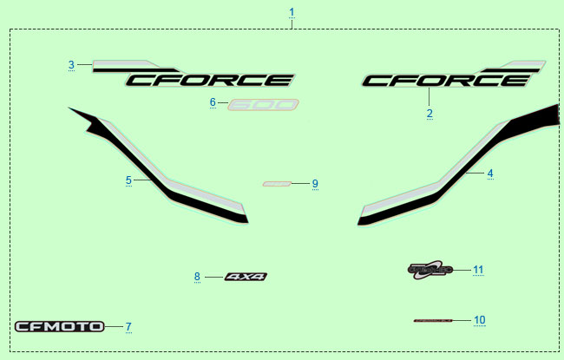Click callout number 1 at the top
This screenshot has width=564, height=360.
pyautogui.click(x=292, y=12)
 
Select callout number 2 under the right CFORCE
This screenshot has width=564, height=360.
pyautogui.click(x=429, y=114)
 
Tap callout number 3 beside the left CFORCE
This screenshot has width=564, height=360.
pyautogui.click(x=71, y=64)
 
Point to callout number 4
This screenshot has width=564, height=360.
pyautogui.click(x=490, y=173)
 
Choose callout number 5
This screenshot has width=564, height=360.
pyautogui.click(x=128, y=180)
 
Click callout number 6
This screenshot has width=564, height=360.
pyautogui.click(x=213, y=102)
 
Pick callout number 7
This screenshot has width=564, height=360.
pyautogui.click(x=128, y=327)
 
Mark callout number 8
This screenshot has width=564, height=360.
pyautogui.click(x=197, y=277)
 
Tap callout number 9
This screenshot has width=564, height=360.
pyautogui.click(x=315, y=184)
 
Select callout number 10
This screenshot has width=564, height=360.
pyautogui.click(x=480, y=320)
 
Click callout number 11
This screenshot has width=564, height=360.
pyautogui.click(x=478, y=270)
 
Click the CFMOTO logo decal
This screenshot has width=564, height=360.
pyautogui.click(x=59, y=327)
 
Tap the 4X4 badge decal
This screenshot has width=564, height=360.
pyautogui.click(x=246, y=277)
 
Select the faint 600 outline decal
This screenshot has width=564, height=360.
pyautogui.click(x=263, y=104)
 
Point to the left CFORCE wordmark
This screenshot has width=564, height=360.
pyautogui.click(x=208, y=80)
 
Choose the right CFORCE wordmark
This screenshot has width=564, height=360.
pyautogui.click(x=444, y=80)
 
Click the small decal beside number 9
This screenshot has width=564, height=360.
pyautogui.click(x=276, y=184)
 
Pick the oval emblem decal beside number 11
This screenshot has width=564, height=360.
pyautogui.click(x=430, y=269)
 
